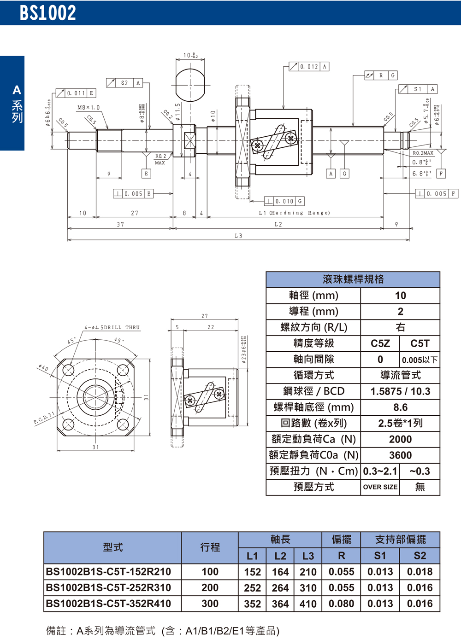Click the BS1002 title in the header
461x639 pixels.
click(48, 13)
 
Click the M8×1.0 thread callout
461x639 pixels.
click(88, 108)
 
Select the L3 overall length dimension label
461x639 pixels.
click(238, 236)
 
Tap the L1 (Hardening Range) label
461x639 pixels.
click(294, 213)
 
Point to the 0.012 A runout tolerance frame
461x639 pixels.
click(309, 67)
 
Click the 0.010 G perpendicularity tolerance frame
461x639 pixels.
click(284, 201)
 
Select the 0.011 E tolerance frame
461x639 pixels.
click(76, 93)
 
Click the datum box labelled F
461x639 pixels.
click(441, 174)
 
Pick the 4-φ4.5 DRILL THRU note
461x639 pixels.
click(112, 327)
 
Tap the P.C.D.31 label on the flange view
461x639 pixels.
click(44, 418)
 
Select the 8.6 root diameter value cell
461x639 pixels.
click(400, 407)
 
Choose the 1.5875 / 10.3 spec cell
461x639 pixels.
click(400, 391)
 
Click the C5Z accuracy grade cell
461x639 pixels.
click(380, 343)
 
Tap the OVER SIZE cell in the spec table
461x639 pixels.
click(380, 487)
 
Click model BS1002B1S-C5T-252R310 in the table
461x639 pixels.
click(109, 588)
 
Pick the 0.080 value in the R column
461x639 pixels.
click(341, 604)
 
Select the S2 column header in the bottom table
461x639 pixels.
click(420, 556)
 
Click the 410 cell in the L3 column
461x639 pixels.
click(308, 604)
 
